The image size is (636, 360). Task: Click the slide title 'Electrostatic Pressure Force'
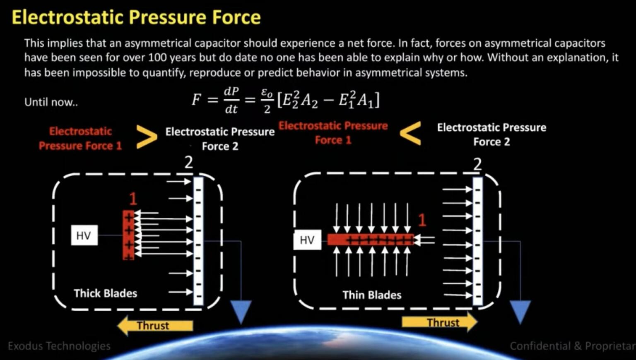[x=136, y=17]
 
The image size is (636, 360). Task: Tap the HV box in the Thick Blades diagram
[x=84, y=235]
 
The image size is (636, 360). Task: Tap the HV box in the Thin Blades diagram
[x=307, y=240]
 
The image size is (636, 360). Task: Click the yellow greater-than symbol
[x=146, y=137]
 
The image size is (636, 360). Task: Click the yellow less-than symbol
[x=411, y=133]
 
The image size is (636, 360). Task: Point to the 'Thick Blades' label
[x=105, y=293]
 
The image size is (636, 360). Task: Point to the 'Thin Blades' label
[x=372, y=295]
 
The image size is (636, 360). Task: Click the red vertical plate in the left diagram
[x=128, y=235]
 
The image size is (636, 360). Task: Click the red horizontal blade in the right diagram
[x=370, y=240]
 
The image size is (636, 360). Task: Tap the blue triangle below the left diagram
[x=241, y=312]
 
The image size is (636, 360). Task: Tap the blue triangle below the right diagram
[x=520, y=312]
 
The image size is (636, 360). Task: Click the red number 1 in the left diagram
[x=133, y=199]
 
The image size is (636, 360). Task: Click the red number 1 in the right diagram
[x=422, y=220]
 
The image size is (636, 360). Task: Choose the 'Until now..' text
[x=51, y=102]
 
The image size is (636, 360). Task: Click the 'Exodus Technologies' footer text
[x=59, y=346]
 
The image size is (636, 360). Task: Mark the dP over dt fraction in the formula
[x=231, y=100]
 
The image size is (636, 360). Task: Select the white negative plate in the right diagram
[x=477, y=241]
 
